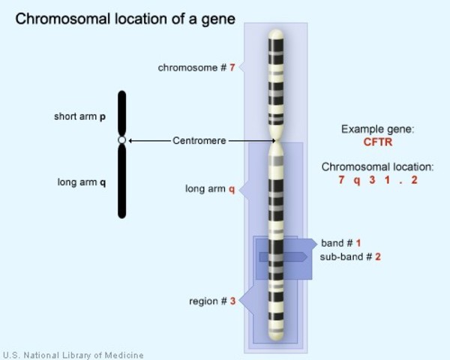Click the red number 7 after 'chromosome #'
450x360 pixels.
[232, 67]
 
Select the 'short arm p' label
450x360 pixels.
[79, 117]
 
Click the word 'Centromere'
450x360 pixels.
[199, 140]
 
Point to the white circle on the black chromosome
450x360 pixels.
[121, 140]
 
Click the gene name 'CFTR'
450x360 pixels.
[377, 141]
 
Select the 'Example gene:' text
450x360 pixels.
[377, 129]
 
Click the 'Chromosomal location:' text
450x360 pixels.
[377, 167]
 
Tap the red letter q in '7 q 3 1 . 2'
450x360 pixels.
[358, 181]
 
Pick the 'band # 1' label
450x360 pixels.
[341, 243]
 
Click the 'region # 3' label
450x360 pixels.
[212, 301]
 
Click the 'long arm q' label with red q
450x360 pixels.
[210, 188]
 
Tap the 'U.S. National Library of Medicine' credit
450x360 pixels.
[73, 355]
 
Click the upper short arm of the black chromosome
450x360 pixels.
[121, 112]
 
